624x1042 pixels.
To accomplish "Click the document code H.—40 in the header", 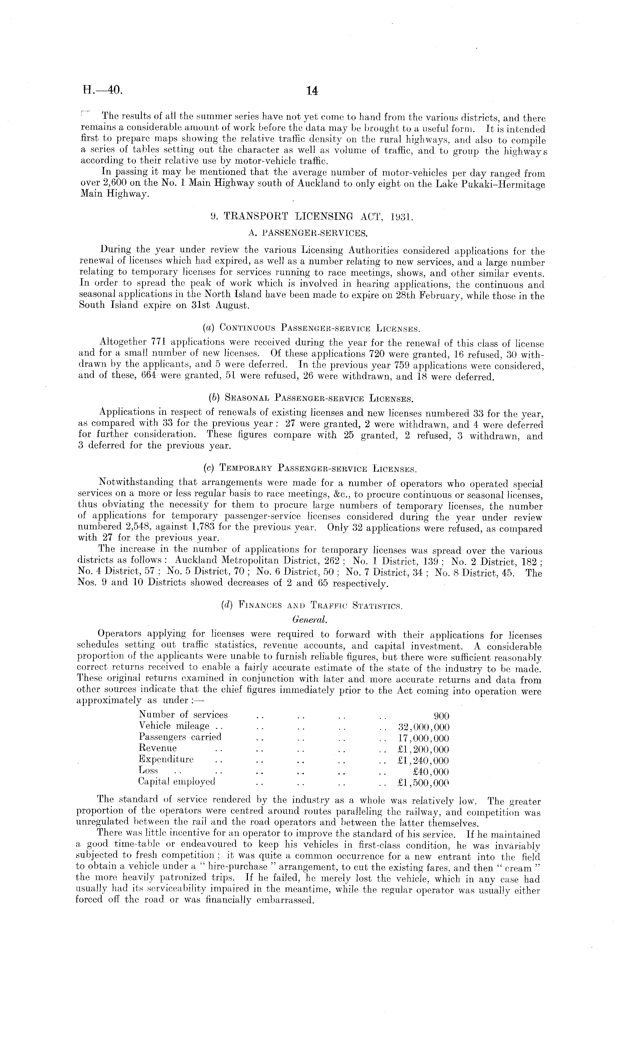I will coord(102,90).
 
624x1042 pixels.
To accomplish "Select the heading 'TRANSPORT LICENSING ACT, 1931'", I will coord(318,217).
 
